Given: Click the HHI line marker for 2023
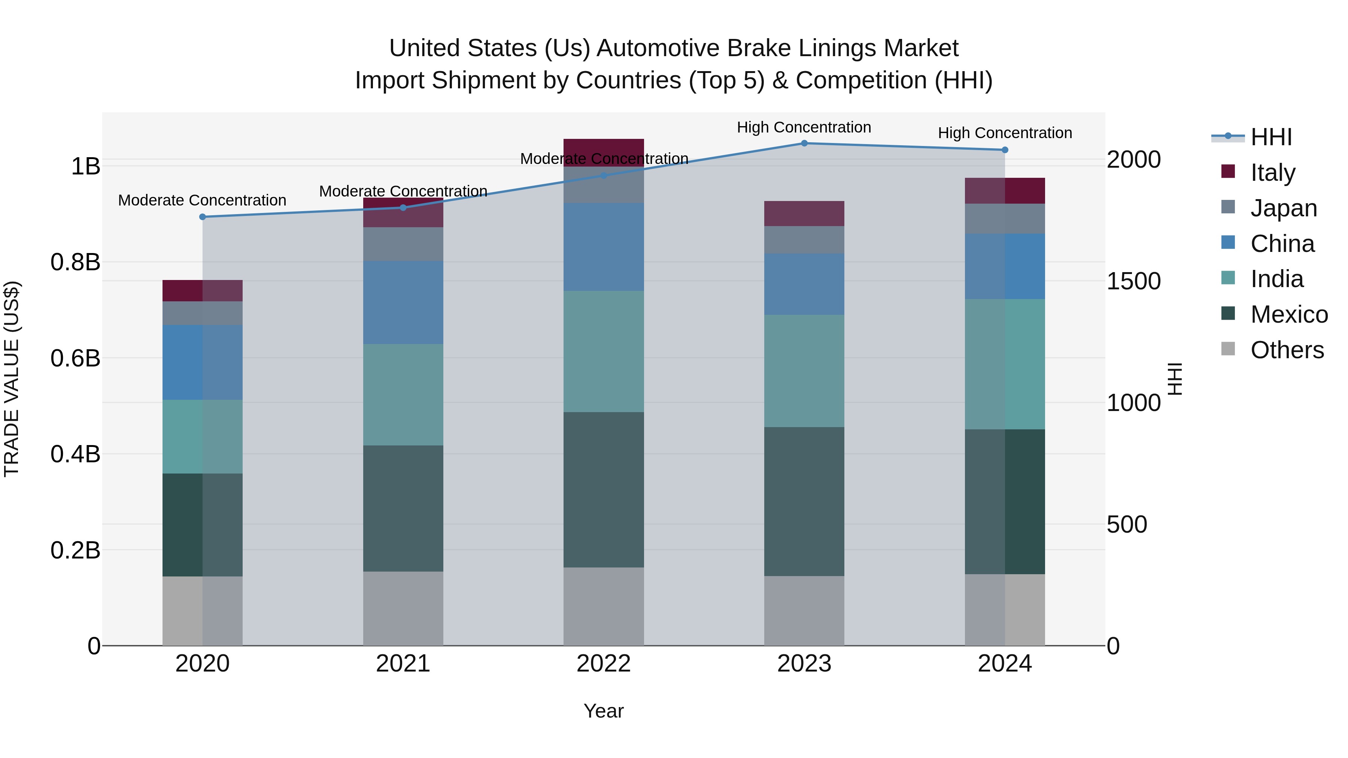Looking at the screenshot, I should tap(804, 143).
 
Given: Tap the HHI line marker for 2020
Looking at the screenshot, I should tap(203, 217).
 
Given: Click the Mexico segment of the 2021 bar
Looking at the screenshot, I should tap(403, 508).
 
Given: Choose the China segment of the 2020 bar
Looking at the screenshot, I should tap(203, 362).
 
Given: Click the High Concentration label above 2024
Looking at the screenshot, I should tap(1005, 133).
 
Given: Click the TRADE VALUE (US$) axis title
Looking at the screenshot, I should tap(12, 379).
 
